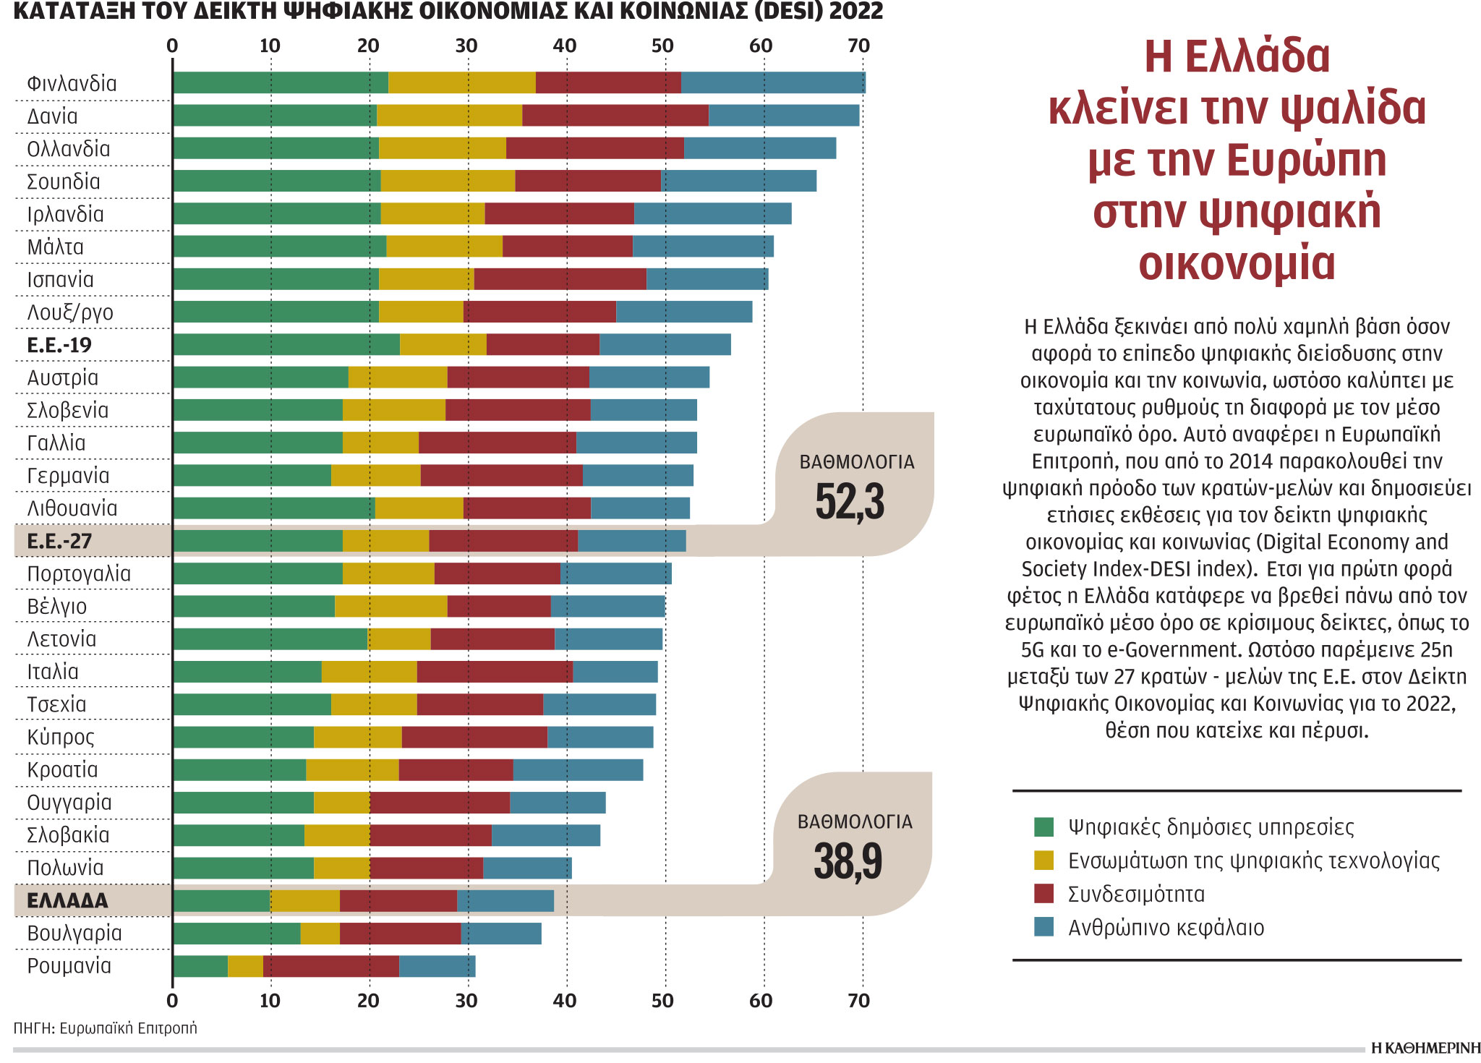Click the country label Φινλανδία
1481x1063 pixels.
pyautogui.click(x=72, y=83)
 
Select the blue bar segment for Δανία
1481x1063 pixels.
pyautogui.click(x=784, y=116)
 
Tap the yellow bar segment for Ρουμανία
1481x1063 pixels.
pyautogui.click(x=245, y=966)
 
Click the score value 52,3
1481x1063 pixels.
pyautogui.click(x=850, y=502)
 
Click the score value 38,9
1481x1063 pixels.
pyautogui.click(x=848, y=861)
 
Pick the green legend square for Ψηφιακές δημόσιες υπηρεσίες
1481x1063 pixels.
pyautogui.click(x=1043, y=827)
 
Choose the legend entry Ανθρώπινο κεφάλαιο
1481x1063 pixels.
pyautogui.click(x=1166, y=928)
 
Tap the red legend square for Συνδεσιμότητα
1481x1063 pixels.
pyautogui.click(x=1043, y=894)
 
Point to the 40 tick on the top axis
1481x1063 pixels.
pyautogui.click(x=565, y=46)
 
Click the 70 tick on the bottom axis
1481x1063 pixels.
pyautogui.click(x=859, y=1001)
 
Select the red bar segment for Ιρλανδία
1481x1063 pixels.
pyautogui.click(x=559, y=214)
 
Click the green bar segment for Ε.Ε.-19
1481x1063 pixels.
pyautogui.click(x=286, y=345)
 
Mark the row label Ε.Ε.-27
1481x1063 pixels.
pyautogui.click(x=59, y=541)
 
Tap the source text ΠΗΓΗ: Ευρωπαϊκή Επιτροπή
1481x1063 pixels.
pyautogui.click(x=105, y=1028)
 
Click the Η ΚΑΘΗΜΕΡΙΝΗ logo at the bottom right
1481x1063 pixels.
pyautogui.click(x=1425, y=1049)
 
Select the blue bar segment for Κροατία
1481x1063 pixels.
pyautogui.click(x=578, y=770)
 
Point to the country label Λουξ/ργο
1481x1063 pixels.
pyautogui.click(x=70, y=312)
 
